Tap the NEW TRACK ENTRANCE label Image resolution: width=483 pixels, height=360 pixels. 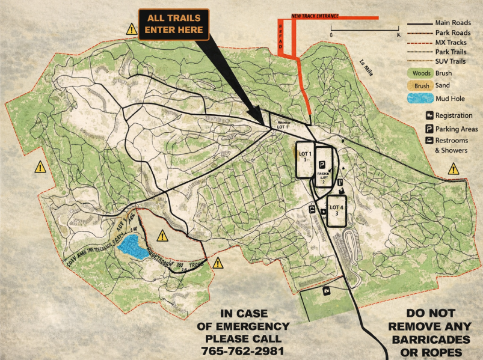315,16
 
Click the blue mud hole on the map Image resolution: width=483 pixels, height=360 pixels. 132,247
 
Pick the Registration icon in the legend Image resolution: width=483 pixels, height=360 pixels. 429,115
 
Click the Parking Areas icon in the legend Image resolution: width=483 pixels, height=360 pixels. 429,129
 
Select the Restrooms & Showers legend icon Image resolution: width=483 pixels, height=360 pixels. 429,141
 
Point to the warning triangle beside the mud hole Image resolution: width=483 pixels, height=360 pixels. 162,236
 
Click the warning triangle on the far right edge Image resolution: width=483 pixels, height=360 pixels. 454,169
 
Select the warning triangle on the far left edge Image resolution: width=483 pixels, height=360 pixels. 40,167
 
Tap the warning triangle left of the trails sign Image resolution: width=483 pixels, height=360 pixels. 131,28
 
